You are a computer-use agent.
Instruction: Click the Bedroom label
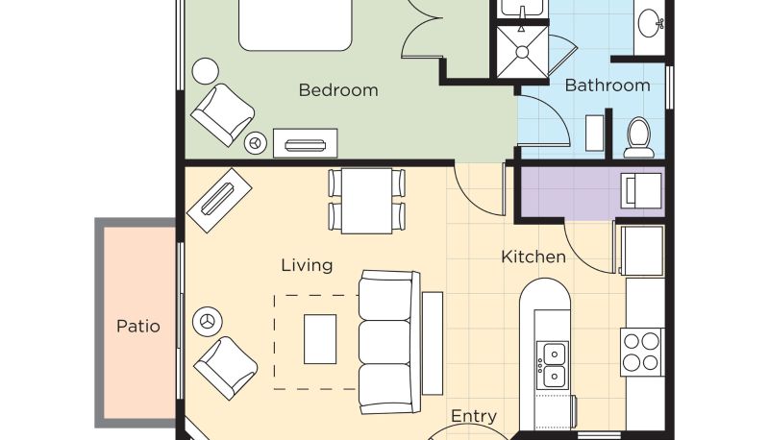(338, 90)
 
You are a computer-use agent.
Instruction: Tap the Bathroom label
(608, 86)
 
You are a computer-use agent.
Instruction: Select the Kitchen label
(533, 257)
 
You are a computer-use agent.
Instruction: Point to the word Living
(307, 265)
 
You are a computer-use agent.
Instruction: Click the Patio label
(138, 327)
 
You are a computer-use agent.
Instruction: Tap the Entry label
(474, 416)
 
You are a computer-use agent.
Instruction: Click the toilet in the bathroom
(639, 137)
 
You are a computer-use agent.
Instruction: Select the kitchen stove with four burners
(641, 352)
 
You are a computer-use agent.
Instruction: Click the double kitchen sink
(553, 365)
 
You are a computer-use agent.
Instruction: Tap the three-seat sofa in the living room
(389, 342)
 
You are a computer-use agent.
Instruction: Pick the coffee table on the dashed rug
(320, 339)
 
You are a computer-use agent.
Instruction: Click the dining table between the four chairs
(367, 201)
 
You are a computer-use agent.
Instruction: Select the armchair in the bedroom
(223, 114)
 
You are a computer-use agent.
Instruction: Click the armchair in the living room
(226, 368)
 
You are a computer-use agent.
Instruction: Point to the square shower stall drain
(522, 52)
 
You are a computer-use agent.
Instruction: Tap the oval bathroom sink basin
(651, 22)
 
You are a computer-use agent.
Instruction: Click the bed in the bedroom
(295, 25)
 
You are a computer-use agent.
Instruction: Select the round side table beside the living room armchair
(208, 322)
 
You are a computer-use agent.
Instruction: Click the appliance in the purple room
(641, 190)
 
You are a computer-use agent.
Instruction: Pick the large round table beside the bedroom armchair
(205, 71)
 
